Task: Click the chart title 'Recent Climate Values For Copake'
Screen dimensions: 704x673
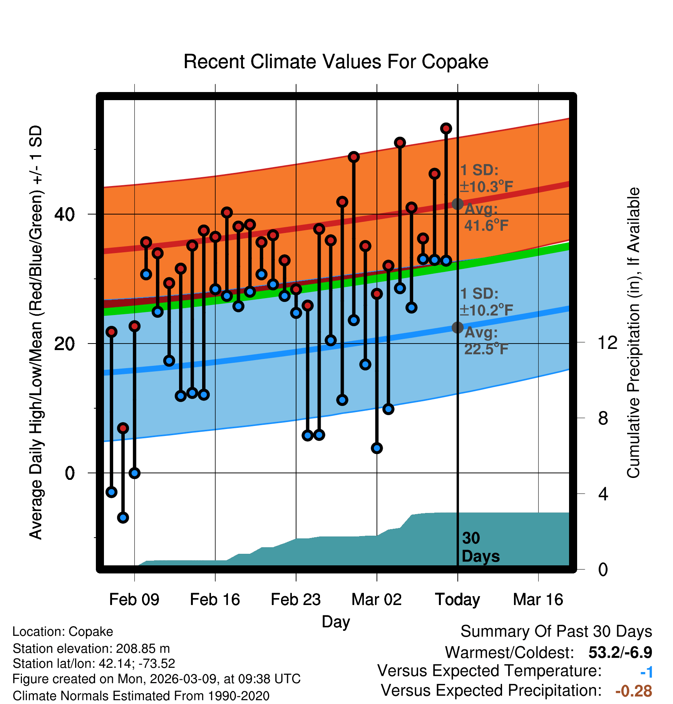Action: coord(336,62)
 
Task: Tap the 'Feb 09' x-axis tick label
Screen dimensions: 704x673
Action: coord(134,600)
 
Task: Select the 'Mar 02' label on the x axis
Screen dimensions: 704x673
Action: coord(377,600)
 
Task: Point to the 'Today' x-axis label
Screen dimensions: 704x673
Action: coord(457,600)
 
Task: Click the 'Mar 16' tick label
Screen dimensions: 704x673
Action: coord(538,600)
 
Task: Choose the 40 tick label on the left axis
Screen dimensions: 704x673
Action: coord(64,214)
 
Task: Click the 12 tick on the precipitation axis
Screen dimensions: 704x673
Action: coord(608,342)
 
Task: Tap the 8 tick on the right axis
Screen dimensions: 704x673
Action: coord(603,418)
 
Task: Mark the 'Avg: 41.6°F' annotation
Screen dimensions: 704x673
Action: coord(486,218)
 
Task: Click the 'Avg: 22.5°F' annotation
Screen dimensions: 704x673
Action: coord(486,341)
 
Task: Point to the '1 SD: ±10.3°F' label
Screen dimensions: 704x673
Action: coord(486,178)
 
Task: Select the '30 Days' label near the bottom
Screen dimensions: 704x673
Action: coord(480,547)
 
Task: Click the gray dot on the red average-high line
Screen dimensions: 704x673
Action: coord(457,204)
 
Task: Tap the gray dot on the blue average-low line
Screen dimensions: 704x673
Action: coord(457,327)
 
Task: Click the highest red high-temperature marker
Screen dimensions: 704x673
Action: coord(446,128)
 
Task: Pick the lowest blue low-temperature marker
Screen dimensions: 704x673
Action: coord(123,518)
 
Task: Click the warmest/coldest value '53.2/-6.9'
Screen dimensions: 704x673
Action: coord(620,653)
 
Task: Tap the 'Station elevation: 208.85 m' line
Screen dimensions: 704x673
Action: coord(91,649)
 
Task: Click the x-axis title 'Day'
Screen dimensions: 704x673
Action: coord(336,622)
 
